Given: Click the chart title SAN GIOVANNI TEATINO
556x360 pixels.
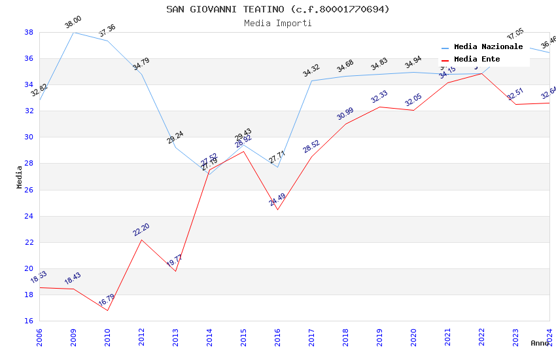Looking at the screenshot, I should (x=277, y=9).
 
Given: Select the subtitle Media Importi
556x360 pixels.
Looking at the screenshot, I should (x=277, y=23).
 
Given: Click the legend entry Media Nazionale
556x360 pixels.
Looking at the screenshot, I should (x=488, y=47).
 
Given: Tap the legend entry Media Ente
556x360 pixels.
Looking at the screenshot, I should (x=477, y=59).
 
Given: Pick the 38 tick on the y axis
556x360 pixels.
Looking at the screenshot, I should (x=29, y=32).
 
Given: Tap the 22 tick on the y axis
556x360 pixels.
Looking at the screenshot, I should (x=29, y=242).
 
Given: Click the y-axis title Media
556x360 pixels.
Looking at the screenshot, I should (x=20, y=177).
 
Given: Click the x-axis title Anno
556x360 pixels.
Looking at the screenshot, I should (x=540, y=343).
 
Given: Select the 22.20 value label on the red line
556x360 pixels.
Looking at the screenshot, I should (x=141, y=230).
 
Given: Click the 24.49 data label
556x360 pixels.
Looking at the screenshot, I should (x=277, y=200).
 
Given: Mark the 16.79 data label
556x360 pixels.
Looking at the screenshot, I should (x=107, y=300).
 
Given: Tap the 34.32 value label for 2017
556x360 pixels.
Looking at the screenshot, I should (x=311, y=71).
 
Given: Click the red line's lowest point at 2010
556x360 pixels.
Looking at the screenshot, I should (x=107, y=310).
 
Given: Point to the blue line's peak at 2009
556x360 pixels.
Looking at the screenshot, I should (x=73, y=32).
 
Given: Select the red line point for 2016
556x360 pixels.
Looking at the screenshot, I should (x=277, y=209).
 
